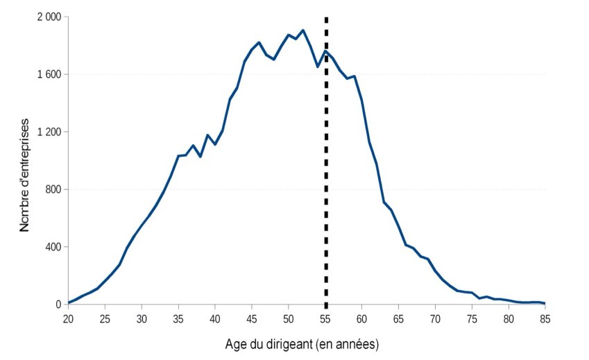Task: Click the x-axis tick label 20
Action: tap(68, 318)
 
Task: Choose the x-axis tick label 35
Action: tap(178, 318)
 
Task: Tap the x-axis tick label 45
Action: tap(252, 318)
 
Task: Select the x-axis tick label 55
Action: tap(325, 318)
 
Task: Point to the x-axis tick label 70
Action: tap(435, 318)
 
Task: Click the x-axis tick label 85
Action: tap(545, 318)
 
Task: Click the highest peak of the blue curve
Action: tap(303, 31)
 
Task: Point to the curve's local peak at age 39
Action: tap(207, 135)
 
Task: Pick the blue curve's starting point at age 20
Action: tap(68, 302)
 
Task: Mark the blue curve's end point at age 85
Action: tap(545, 303)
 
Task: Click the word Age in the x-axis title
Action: tap(235, 344)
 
